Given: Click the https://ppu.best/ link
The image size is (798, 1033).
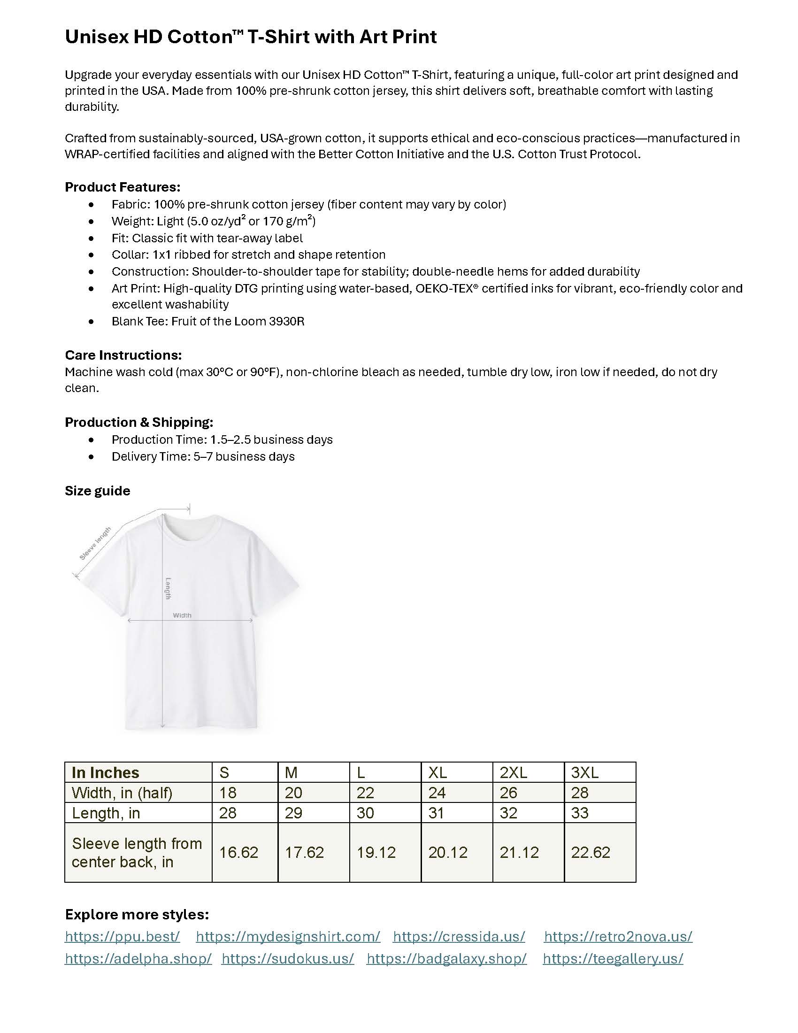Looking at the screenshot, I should (123, 936).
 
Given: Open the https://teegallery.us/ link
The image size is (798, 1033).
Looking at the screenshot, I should (613, 958).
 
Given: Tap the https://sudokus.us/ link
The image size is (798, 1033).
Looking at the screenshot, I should (287, 958).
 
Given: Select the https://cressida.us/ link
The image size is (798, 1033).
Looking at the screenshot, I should (459, 936).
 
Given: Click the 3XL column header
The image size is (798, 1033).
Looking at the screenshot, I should (585, 772).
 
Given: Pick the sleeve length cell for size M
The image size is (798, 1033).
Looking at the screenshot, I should (305, 852).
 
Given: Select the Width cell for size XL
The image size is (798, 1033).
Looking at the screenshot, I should (437, 793).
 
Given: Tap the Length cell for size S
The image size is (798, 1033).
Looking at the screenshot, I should (227, 813).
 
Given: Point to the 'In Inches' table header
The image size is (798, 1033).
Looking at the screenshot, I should (106, 772).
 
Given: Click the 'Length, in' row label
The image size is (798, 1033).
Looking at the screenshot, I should (106, 813).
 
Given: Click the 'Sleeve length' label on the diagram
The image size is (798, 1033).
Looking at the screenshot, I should (95, 543).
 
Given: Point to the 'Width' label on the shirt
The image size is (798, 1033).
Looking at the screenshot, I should (182, 616).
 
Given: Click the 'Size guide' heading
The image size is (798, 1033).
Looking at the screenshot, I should (97, 491).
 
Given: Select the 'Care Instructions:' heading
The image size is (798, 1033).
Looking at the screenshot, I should (123, 355).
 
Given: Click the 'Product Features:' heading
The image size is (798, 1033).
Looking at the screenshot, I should (123, 187).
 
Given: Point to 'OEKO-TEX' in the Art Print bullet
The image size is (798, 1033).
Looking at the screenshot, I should (444, 288).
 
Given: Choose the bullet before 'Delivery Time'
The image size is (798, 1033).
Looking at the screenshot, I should (91, 456).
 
